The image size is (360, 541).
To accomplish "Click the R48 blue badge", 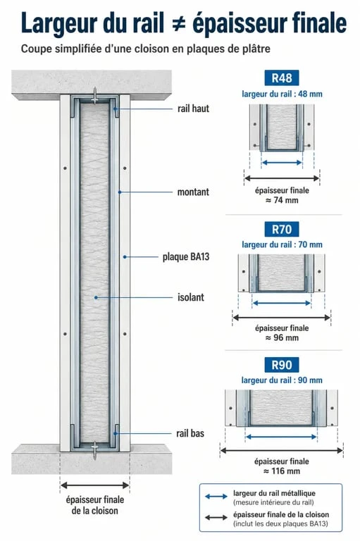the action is coord(282,78).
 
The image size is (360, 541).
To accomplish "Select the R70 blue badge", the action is coord(282,229).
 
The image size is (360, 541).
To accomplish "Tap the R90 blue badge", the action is coord(282,365).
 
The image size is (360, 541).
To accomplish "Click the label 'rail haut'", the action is coord(193,108).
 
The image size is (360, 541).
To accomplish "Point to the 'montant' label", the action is coord(193,192).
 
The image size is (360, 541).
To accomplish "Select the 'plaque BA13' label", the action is coord(186,256).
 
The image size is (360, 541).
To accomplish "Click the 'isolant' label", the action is coord(191,297).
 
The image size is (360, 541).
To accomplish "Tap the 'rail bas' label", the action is coord(190,433).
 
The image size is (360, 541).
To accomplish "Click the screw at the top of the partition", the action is coord(94,95).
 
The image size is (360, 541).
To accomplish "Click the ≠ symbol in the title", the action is coord(178,24).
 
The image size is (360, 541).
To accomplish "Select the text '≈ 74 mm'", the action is coord(282,200).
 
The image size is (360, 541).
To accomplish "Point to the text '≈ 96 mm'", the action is coord(282,337).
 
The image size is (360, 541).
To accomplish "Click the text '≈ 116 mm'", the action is coord(282,471).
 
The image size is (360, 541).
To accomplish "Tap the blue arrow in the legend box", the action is coord(216,497).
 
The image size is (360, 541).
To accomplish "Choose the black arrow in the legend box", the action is coord(216,518).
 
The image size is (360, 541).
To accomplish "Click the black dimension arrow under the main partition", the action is coord(95,485).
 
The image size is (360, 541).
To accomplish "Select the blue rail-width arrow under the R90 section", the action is coord(281,437).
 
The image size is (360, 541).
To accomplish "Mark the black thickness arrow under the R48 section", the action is coord(282,178).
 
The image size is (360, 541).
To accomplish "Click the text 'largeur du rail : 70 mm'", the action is coord(282,244).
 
